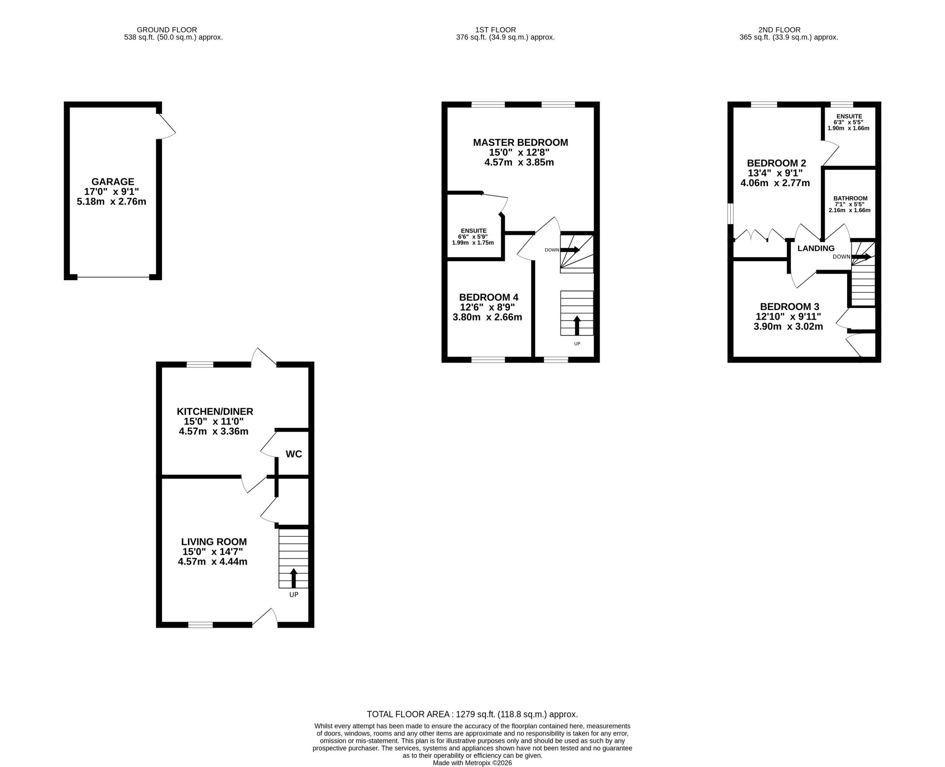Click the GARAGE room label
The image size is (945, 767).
click(113, 182)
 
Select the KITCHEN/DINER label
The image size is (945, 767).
click(215, 411)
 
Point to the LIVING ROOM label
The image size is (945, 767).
click(214, 542)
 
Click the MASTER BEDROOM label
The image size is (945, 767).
click(520, 142)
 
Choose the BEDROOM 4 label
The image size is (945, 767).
click(489, 297)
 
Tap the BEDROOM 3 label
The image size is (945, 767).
click(790, 307)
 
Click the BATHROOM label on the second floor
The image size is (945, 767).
click(850, 198)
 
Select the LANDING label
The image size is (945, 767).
click(816, 248)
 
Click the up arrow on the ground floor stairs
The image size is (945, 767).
click(293, 578)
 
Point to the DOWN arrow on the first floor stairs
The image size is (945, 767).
click(570, 250)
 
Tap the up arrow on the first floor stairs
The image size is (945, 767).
click(577, 326)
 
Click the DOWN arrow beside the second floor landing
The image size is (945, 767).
click(862, 257)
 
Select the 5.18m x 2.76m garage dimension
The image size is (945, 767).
click(111, 202)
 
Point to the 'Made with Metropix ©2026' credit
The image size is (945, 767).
click(472, 763)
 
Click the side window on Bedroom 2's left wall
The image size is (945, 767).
click(730, 214)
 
